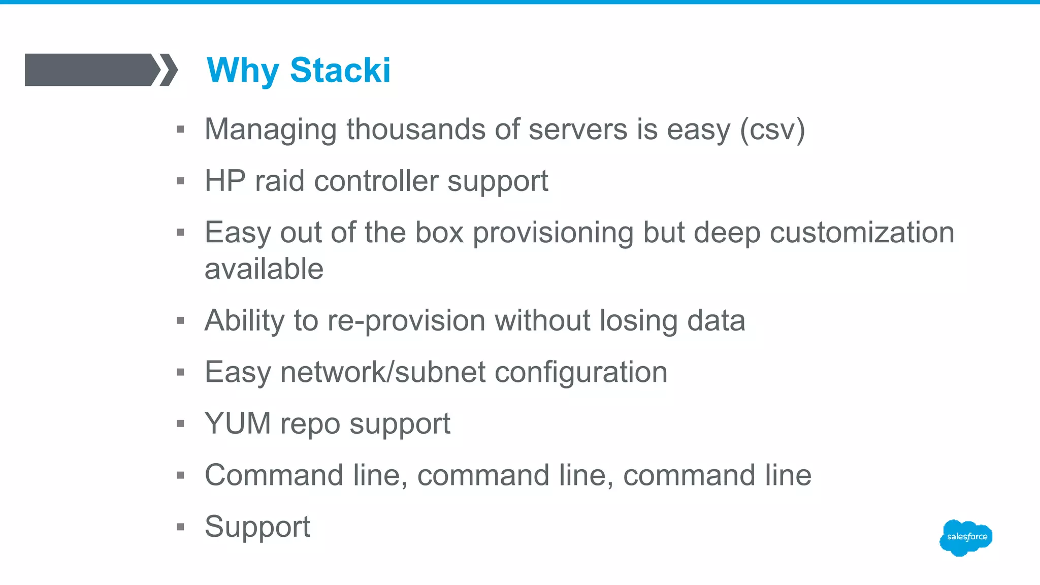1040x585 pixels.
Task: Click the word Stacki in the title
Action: (340, 70)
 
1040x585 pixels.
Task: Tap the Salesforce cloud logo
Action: (966, 537)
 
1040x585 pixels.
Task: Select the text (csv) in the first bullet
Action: (772, 130)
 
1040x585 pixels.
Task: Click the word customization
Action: (862, 233)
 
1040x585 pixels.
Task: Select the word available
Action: (264, 269)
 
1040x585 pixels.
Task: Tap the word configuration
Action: (581, 373)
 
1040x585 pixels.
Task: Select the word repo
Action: (310, 425)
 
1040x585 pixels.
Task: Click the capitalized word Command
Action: (274, 475)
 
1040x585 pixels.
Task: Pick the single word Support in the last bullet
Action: (257, 527)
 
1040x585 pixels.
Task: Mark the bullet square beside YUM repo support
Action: (180, 424)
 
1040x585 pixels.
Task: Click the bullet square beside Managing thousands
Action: (180, 129)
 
